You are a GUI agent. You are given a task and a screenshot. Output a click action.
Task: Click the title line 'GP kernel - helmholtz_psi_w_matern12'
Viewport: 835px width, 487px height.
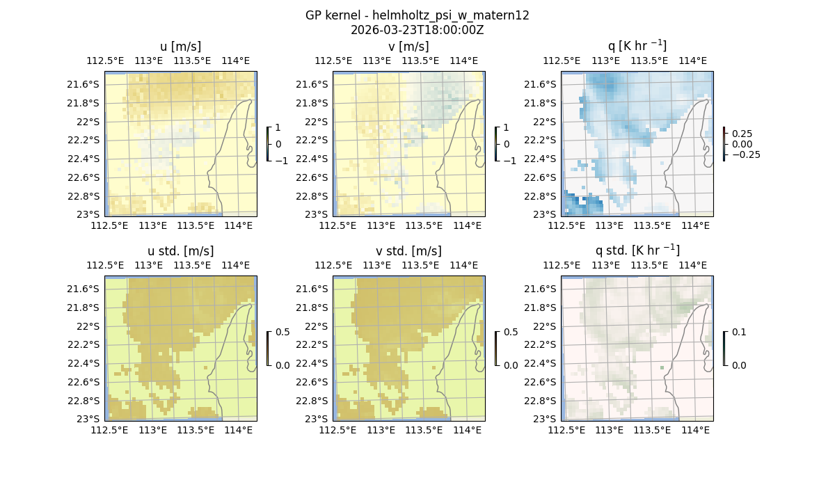point(417,15)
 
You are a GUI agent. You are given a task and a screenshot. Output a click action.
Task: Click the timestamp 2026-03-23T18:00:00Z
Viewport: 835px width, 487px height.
point(417,30)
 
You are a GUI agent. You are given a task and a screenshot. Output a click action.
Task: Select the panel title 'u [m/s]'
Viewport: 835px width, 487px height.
point(180,47)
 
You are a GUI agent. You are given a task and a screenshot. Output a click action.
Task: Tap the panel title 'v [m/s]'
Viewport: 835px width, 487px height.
point(408,47)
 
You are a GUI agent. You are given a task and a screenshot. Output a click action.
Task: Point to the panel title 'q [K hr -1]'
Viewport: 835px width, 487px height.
point(637,46)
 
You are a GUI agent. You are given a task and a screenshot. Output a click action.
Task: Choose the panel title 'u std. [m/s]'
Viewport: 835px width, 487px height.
point(180,251)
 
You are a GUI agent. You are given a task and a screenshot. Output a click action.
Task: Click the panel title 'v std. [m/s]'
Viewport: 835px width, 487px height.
point(408,251)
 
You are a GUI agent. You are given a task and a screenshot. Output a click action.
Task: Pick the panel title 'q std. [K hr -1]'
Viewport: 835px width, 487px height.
point(637,250)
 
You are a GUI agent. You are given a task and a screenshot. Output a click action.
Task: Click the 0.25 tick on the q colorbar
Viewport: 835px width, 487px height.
point(742,134)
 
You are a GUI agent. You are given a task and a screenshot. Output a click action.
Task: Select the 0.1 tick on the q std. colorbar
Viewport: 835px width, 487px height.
point(738,333)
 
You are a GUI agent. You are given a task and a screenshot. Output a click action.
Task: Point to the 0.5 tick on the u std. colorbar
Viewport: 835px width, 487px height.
point(283,333)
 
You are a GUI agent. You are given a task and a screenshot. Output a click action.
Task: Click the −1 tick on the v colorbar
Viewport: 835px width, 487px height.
point(509,161)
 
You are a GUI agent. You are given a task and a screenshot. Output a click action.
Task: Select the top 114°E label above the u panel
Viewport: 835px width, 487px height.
point(236,61)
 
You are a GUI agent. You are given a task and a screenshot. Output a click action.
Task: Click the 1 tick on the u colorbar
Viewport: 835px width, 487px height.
point(278,128)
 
